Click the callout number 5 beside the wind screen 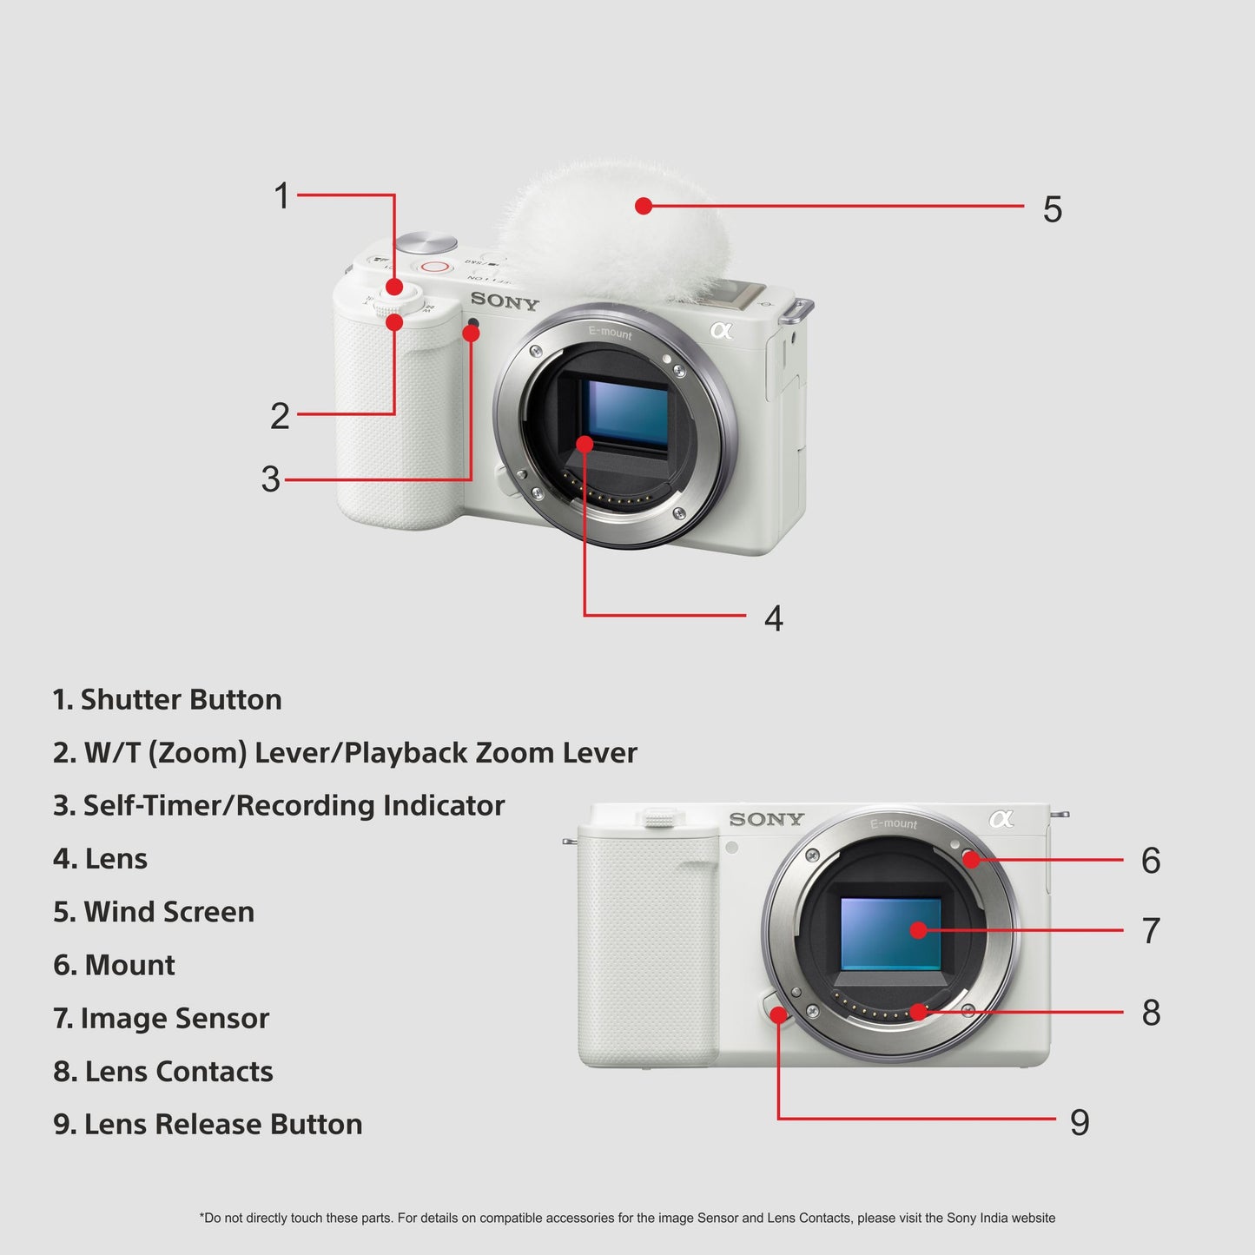click(x=1052, y=209)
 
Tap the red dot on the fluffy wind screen click(x=643, y=206)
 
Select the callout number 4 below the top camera click(x=773, y=618)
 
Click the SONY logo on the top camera click(x=505, y=302)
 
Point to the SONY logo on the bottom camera click(x=766, y=819)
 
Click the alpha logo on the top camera click(x=721, y=330)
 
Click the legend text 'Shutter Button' click(x=181, y=699)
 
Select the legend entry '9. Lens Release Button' click(x=208, y=1124)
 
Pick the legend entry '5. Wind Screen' click(x=154, y=911)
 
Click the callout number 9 click(x=1079, y=1122)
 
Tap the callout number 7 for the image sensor click(x=1151, y=930)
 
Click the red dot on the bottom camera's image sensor click(x=918, y=930)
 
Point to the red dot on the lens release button click(x=778, y=1014)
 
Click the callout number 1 click(x=281, y=195)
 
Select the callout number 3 click(x=271, y=479)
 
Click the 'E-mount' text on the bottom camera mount click(x=894, y=823)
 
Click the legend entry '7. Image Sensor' click(x=162, y=1018)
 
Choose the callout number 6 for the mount click(x=1151, y=861)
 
